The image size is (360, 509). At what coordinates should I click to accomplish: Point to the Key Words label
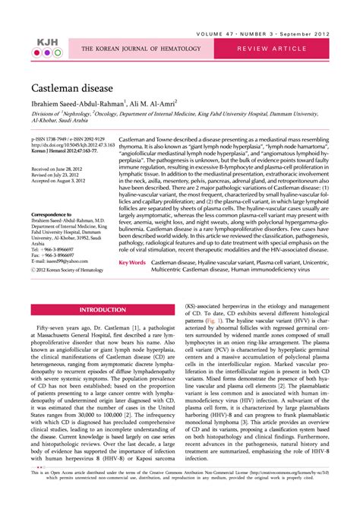pyautogui.click(x=132, y=261)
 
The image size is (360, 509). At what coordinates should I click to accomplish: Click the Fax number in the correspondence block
pyautogui.click(x=53, y=254)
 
